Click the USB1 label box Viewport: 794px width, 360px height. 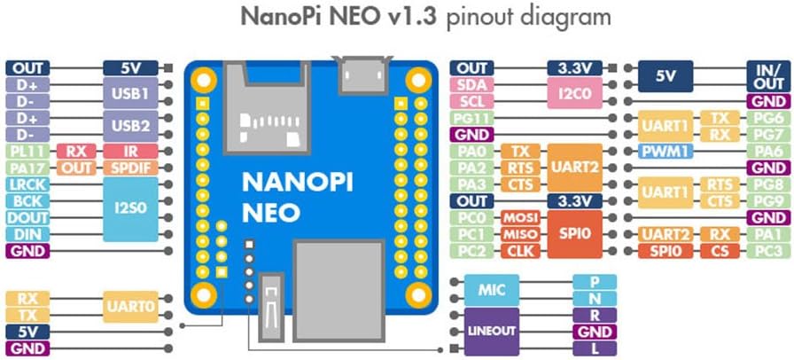(x=130, y=92)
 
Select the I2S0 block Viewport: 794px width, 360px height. (x=130, y=208)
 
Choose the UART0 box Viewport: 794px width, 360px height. (x=130, y=307)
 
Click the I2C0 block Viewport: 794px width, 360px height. (x=575, y=92)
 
